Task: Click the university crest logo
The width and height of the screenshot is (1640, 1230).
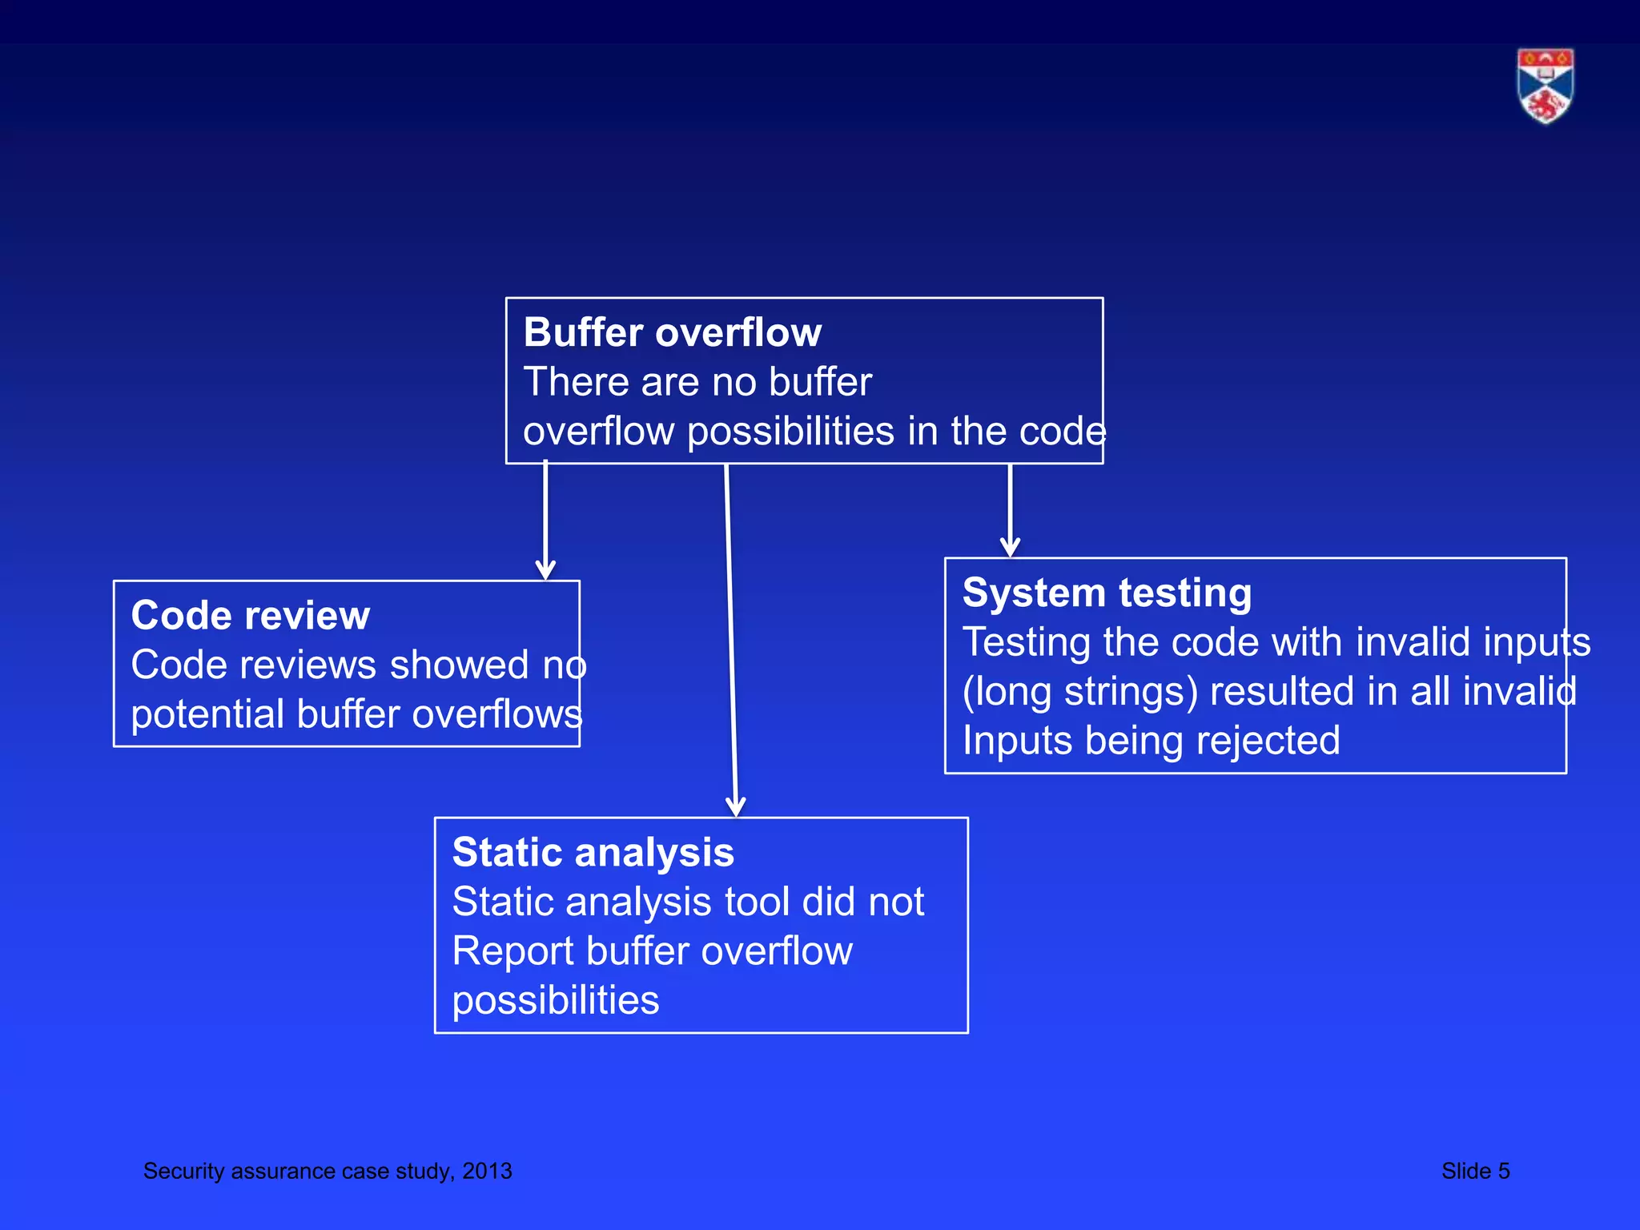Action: (x=1545, y=86)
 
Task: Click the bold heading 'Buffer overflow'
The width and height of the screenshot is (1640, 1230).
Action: (x=672, y=332)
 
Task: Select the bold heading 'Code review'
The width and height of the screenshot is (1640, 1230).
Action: (x=250, y=615)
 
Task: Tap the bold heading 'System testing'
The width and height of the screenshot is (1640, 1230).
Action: (x=1107, y=593)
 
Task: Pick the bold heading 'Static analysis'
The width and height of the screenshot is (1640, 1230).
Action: (x=593, y=852)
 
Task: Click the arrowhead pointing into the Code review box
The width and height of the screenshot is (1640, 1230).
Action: (x=545, y=570)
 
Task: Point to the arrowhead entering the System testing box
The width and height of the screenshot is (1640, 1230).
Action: (x=1010, y=548)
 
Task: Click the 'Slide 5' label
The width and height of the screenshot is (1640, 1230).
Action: (x=1475, y=1171)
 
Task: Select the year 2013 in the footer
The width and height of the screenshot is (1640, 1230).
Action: (x=487, y=1171)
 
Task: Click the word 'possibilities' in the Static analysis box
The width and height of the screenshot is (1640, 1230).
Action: (x=555, y=1000)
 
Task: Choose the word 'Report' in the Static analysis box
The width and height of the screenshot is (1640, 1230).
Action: (x=512, y=951)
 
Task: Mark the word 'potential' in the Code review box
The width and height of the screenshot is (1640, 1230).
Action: (x=207, y=714)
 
